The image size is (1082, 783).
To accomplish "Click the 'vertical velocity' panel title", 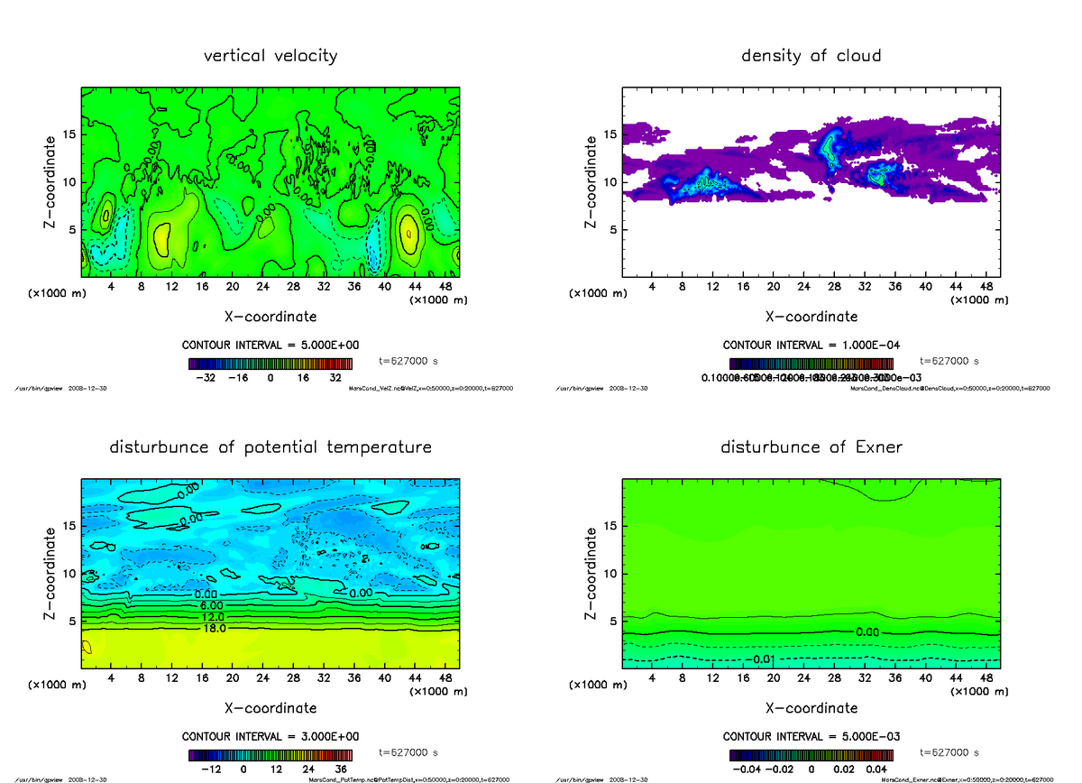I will [270, 56].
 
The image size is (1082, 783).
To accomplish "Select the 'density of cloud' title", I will [811, 56].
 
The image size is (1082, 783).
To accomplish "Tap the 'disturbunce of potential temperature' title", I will [270, 447].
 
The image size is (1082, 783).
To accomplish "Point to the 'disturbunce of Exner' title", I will [811, 447].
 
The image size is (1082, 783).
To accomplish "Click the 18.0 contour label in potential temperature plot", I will [215, 628].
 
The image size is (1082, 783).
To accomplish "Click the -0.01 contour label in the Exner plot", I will [762, 659].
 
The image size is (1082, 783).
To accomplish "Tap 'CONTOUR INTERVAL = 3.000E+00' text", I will [270, 736].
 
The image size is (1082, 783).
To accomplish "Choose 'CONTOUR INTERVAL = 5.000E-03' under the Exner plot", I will [811, 736].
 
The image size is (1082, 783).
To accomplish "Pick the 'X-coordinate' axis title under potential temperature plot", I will [270, 708].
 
